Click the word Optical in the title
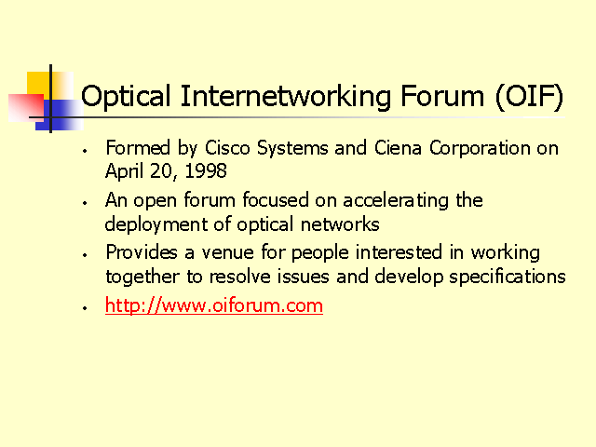(126, 97)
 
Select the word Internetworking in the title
(286, 97)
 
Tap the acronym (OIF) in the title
(529, 97)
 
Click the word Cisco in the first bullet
(227, 147)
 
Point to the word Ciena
(398, 147)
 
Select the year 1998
(206, 170)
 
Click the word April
(124, 171)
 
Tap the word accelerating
(396, 201)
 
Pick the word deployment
(156, 224)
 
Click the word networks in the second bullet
(340, 223)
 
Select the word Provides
(142, 252)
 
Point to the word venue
(227, 253)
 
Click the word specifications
(508, 278)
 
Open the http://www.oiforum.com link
(214, 305)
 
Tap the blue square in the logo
(60, 115)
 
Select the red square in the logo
(26, 108)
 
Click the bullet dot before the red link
(85, 308)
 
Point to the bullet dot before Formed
(85, 151)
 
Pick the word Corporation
(480, 149)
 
